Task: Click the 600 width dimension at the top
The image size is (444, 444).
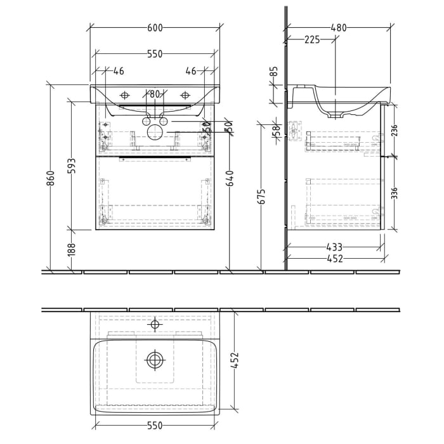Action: pyautogui.click(x=155, y=27)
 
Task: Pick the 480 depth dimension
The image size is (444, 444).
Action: pyautogui.click(x=339, y=27)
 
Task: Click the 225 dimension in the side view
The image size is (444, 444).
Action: pyautogui.click(x=311, y=39)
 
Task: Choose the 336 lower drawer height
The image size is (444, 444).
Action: pyautogui.click(x=395, y=192)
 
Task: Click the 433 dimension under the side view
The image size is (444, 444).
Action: pyautogui.click(x=334, y=247)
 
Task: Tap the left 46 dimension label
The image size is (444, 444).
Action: pyautogui.click(x=119, y=71)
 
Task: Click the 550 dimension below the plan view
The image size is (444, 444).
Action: pyautogui.click(x=155, y=425)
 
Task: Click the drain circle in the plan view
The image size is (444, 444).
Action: pyautogui.click(x=155, y=360)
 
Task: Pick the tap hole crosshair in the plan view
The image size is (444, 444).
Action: pyautogui.click(x=155, y=325)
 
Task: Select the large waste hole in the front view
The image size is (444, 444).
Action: pyautogui.click(x=155, y=132)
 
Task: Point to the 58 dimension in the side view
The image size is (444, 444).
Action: pyautogui.click(x=276, y=131)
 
